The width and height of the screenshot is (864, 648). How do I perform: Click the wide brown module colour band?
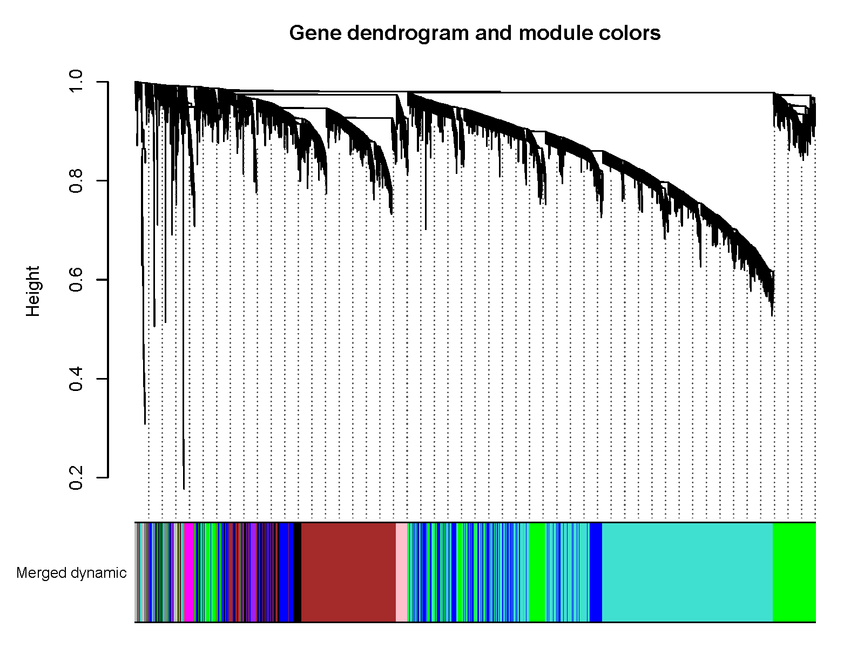pyautogui.click(x=348, y=572)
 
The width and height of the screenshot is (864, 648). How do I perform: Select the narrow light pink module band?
pyautogui.click(x=401, y=572)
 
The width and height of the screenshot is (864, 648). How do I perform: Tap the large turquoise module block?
pyautogui.click(x=687, y=572)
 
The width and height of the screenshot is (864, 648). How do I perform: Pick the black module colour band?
pyautogui.click(x=298, y=572)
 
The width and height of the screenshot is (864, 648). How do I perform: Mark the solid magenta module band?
pyautogui.click(x=189, y=572)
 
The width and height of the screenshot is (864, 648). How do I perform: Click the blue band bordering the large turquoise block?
pyautogui.click(x=596, y=572)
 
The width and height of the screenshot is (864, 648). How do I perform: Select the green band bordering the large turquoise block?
pyautogui.click(x=794, y=572)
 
